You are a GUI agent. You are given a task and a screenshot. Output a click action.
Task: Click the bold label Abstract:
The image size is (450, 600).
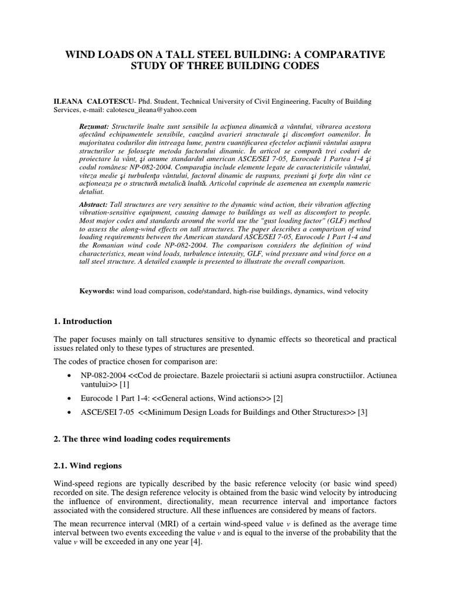tap(94, 203)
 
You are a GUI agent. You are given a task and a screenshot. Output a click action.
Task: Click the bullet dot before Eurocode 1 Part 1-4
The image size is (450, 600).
tap(71, 398)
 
